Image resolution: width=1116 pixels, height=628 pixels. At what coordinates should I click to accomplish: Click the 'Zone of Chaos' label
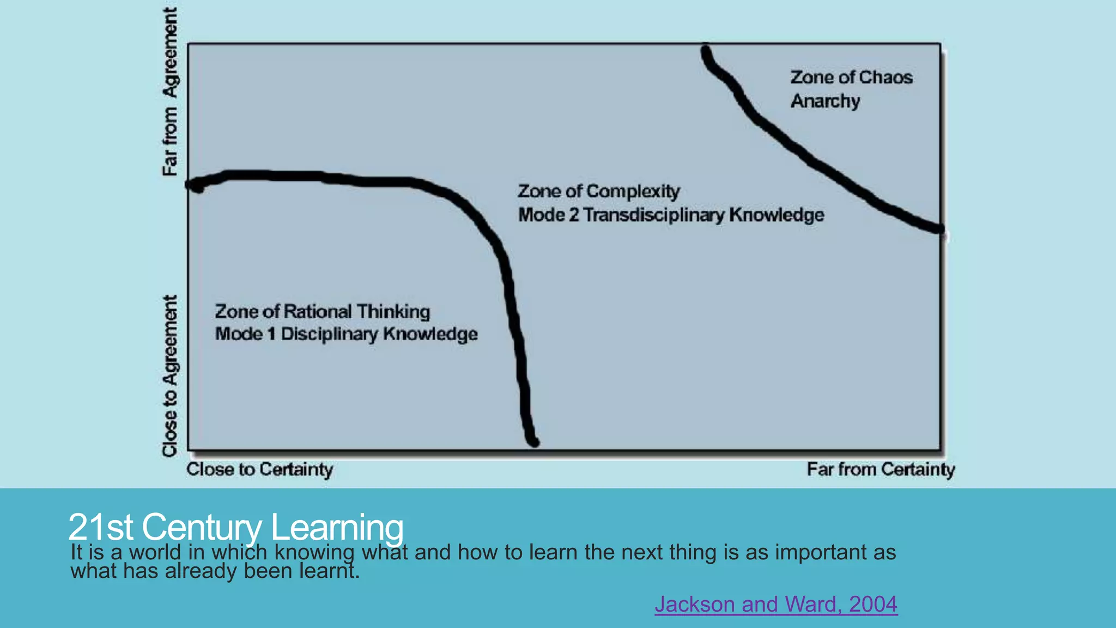[851, 77]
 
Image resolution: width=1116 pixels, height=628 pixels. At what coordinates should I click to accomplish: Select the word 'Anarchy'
[825, 101]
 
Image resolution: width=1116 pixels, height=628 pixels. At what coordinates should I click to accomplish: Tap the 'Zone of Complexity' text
[598, 191]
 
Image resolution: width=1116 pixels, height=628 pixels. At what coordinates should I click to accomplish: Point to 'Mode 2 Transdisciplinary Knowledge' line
[671, 215]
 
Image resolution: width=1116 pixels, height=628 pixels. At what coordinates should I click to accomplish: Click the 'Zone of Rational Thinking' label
[322, 312]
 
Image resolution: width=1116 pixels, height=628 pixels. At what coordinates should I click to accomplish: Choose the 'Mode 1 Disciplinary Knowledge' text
[346, 334]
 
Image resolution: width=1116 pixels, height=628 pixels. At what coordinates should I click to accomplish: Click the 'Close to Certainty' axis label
[259, 469]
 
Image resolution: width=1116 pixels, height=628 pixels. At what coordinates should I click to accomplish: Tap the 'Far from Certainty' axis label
[881, 469]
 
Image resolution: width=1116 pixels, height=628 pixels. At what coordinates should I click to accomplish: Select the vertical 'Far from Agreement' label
[170, 92]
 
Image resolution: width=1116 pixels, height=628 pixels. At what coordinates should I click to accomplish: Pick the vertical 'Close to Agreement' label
[170, 376]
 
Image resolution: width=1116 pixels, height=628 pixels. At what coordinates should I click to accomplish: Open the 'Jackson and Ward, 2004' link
[776, 604]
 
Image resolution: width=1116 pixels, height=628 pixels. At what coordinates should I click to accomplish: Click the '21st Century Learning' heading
[235, 527]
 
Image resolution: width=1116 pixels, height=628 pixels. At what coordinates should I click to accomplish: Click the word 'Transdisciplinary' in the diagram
[654, 215]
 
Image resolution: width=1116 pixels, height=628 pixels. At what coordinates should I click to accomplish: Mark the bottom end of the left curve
[534, 442]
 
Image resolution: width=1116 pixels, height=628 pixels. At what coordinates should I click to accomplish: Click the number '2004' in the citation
[873, 604]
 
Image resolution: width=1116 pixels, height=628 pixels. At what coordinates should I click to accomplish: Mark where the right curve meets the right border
[939, 230]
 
